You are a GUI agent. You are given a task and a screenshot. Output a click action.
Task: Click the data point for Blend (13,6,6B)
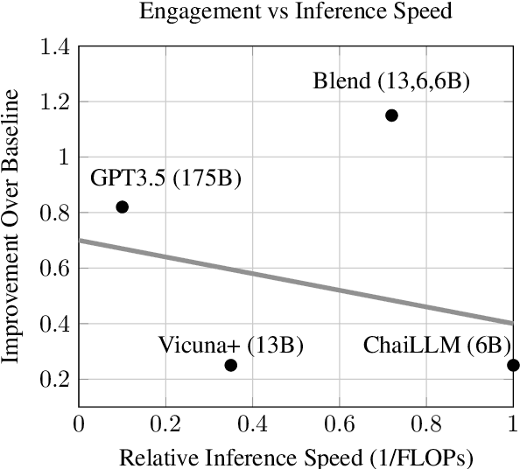tap(391, 115)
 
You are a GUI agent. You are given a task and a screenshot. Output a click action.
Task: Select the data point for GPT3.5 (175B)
tap(122, 206)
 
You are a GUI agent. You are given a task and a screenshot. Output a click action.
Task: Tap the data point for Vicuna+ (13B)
tap(231, 365)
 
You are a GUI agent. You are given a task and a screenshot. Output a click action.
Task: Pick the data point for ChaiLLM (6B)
tap(513, 365)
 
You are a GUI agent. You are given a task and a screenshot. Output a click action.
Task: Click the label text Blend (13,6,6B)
tap(391, 83)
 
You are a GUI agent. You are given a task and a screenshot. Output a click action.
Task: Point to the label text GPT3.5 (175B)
tap(165, 179)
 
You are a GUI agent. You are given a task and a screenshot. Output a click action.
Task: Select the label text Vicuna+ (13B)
tap(231, 345)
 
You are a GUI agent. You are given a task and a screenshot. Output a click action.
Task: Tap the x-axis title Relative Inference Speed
tap(297, 458)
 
